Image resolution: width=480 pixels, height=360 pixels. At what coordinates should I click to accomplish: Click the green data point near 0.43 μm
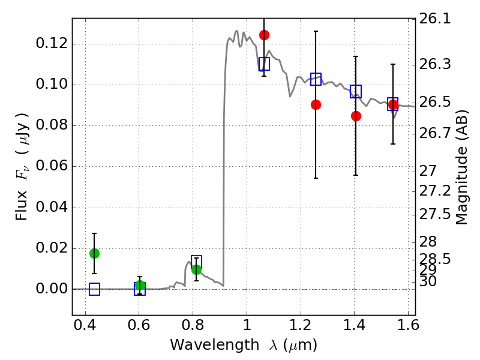[x=94, y=253]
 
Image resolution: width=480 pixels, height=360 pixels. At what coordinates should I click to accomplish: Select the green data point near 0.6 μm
[x=140, y=286]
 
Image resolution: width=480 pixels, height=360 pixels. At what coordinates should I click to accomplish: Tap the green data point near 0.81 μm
[x=196, y=269]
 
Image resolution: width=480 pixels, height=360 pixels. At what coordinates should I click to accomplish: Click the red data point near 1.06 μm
[x=264, y=35]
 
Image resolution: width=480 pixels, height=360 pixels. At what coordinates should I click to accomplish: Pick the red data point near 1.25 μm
[x=316, y=104]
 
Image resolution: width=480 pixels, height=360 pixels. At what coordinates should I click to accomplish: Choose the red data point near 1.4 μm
[x=356, y=116]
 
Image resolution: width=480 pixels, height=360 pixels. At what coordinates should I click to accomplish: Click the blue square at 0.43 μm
[x=94, y=289]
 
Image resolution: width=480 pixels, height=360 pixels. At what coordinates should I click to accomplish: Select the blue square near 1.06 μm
[x=264, y=64]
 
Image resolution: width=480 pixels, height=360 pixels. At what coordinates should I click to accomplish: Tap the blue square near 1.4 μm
[x=356, y=92]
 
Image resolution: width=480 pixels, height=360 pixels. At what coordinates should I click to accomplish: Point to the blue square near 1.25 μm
[x=316, y=79]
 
